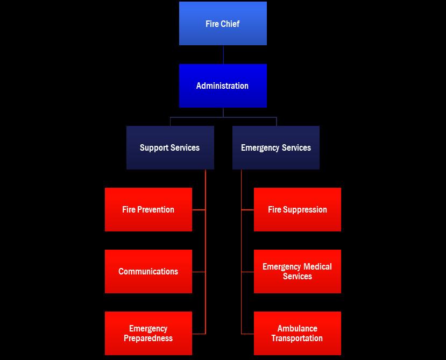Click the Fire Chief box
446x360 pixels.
[223, 23]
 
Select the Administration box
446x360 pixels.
[223, 86]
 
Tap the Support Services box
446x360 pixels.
[170, 147]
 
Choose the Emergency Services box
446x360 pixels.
[276, 147]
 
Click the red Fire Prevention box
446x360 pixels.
[148, 209]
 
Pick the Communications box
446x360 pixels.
[148, 271]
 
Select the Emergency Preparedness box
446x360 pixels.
[148, 333]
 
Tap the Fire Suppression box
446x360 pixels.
[298, 209]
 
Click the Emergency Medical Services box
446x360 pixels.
[298, 271]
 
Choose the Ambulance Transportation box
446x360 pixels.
[298, 333]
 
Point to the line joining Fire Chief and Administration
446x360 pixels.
[223, 54]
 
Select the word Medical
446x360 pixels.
[317, 266]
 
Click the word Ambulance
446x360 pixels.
[298, 328]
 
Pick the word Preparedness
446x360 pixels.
[148, 338]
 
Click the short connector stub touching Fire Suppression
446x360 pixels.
[247, 210]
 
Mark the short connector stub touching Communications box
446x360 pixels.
[199, 272]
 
